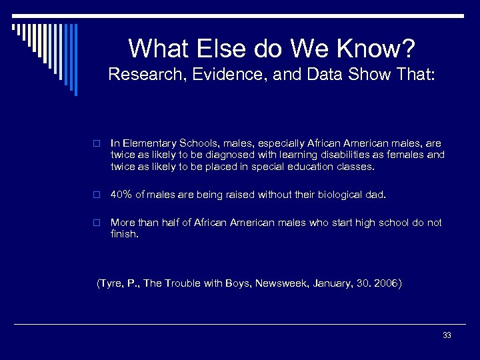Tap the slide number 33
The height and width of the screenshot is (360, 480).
[x=446, y=335]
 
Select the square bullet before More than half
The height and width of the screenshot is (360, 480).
[x=96, y=223]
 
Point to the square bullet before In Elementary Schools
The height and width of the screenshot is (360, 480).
[x=96, y=143]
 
